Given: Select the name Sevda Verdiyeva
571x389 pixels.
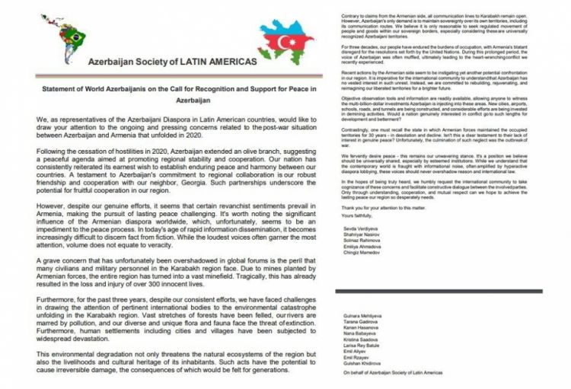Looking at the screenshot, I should point(354,228).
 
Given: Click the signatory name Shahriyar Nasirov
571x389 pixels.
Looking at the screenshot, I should point(356,234).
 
